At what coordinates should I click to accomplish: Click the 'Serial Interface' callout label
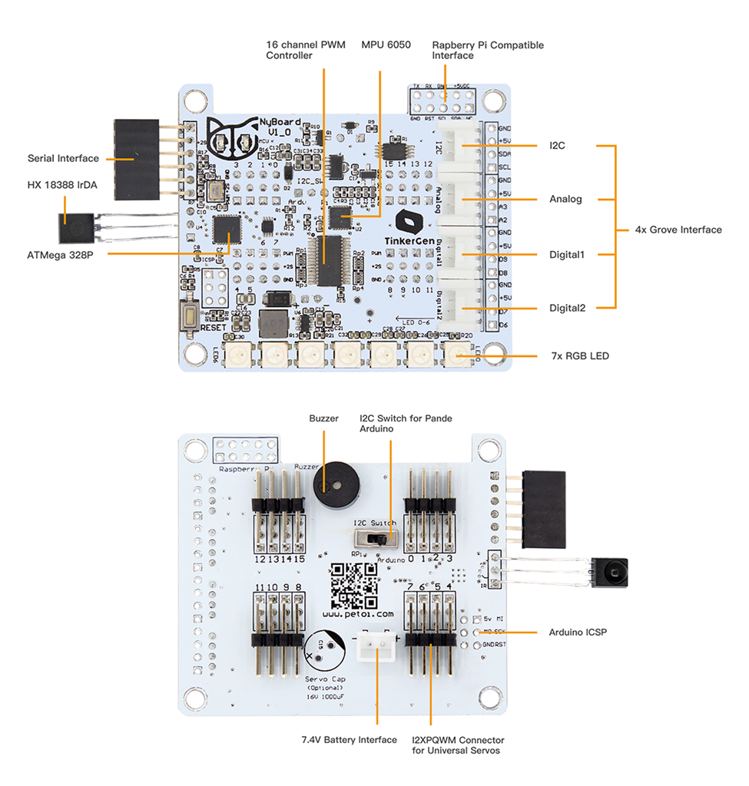click(63, 159)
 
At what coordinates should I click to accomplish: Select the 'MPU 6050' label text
click(386, 45)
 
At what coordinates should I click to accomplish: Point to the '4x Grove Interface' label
click(678, 230)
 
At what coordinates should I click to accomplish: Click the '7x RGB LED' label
click(580, 356)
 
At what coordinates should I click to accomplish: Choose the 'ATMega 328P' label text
click(59, 255)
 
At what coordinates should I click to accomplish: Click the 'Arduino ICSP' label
click(577, 633)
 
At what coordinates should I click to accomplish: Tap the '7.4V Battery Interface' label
click(349, 740)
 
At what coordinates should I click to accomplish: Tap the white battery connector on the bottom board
click(376, 649)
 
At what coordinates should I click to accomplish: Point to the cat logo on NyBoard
click(232, 140)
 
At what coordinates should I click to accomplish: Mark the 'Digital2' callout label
click(567, 309)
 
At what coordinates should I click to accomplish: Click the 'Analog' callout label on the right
click(565, 200)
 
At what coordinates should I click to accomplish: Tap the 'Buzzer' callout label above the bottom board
click(323, 419)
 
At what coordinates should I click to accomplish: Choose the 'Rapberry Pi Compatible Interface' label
click(487, 51)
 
